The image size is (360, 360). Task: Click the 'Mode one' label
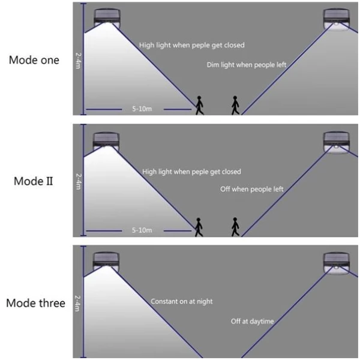34,60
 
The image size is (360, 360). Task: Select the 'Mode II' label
35,181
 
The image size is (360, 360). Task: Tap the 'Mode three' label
36,302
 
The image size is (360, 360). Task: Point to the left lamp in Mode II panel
107,142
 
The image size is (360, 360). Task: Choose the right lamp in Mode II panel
337,142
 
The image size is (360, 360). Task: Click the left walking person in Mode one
199,105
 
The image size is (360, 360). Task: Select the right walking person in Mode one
235,105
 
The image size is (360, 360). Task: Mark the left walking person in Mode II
199,226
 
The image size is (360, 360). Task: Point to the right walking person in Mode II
235,226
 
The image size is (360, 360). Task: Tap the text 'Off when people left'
251,189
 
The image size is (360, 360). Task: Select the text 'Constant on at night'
181,301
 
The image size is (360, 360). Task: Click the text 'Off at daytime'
252,322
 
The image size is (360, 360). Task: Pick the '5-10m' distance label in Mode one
142,110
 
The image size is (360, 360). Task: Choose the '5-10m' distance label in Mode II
142,230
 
